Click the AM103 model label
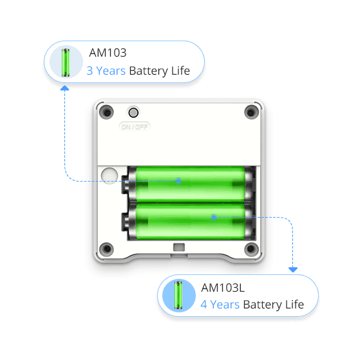coord(108,53)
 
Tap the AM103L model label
coord(223,288)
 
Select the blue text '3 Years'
coord(106,71)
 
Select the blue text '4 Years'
coord(220,305)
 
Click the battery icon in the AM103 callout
coord(66,62)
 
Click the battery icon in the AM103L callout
coord(178,295)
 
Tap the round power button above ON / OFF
coord(133,113)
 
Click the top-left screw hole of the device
coord(106,112)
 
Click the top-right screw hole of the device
coord(251,112)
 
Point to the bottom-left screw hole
coord(106,249)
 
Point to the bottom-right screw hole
coord(251,249)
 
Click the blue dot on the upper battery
coord(178,181)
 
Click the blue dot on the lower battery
coord(214,217)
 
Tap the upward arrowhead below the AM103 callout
coord(65,88)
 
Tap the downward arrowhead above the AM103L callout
coord(293,270)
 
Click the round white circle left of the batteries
coord(109,176)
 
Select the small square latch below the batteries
coord(179,247)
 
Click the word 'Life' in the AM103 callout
coord(180,70)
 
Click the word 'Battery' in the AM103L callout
coord(262,305)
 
